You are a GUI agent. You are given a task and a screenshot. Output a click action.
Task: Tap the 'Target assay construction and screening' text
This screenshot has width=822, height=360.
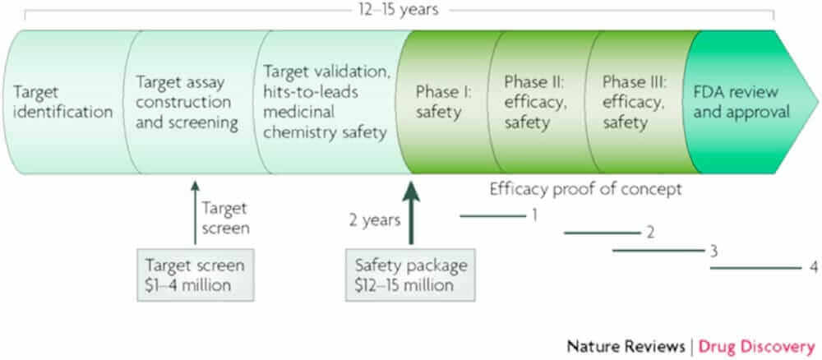tap(188, 101)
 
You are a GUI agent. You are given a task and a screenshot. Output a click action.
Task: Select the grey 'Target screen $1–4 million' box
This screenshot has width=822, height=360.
tap(195, 275)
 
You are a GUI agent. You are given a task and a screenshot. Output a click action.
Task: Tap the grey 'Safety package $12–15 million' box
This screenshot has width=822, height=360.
tap(411, 275)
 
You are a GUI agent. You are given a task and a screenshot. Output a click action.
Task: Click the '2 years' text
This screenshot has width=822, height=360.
tap(372, 220)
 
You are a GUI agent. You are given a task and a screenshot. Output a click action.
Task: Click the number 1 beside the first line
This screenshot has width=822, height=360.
tap(534, 215)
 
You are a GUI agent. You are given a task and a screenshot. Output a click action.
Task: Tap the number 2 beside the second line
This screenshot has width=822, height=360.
tap(649, 232)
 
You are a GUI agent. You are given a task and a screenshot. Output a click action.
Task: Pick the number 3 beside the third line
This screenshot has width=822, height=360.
tap(714, 250)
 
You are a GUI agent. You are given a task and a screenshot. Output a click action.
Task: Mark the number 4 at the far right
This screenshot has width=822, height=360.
tap(812, 267)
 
